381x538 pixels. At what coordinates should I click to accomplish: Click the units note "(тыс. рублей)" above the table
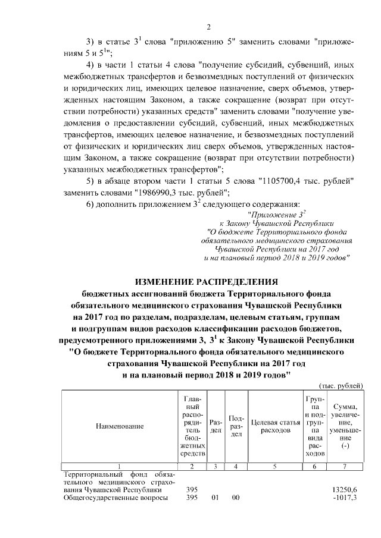pos(341,386)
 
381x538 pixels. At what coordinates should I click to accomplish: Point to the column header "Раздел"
pos(216,426)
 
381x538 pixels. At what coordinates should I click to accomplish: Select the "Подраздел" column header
pos(236,426)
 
